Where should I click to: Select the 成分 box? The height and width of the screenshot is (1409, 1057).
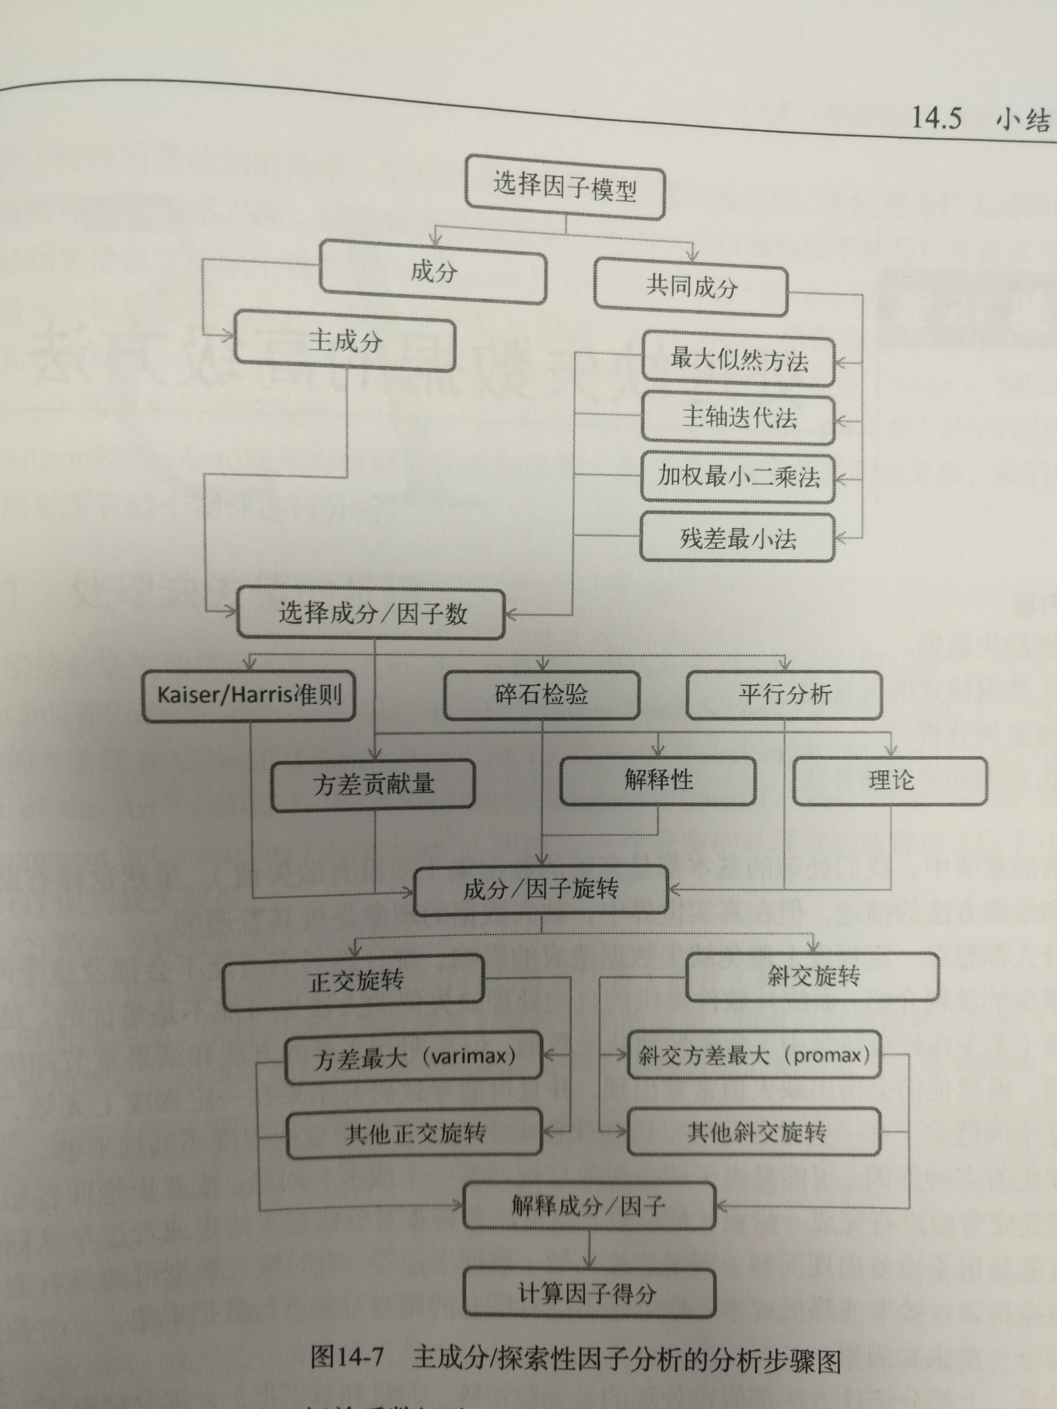click(x=433, y=272)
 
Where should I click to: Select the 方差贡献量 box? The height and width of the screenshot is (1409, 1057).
click(x=373, y=784)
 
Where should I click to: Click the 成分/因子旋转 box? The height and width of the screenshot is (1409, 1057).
click(x=541, y=889)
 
